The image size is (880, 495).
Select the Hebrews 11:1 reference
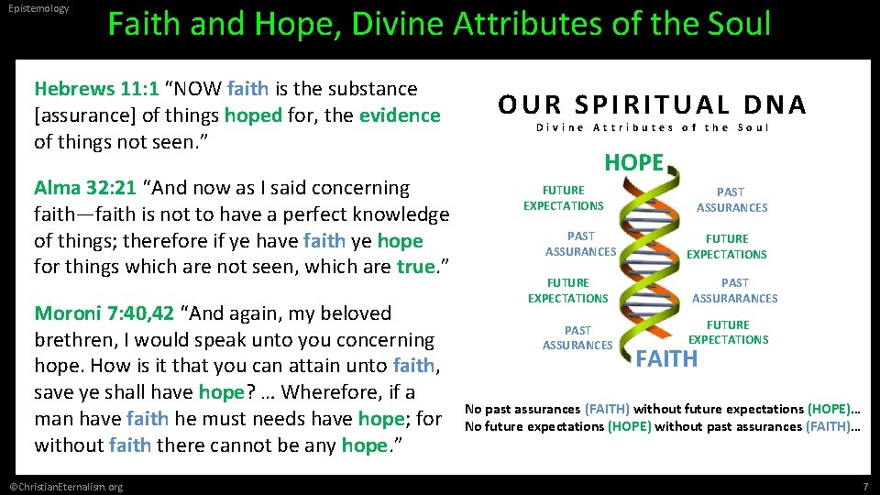pos(97,89)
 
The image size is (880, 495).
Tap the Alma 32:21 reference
pos(85,188)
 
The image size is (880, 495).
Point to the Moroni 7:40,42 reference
pos(104,313)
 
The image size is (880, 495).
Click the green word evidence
pos(400,115)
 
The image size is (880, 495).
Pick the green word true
pos(414,268)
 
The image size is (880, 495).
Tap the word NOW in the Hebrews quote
pos(197,89)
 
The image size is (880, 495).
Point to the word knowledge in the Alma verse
pos(403,214)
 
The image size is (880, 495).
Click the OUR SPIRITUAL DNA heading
pos(652,105)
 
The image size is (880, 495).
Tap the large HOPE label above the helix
pos(633,163)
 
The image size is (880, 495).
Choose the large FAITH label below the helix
pos(666,359)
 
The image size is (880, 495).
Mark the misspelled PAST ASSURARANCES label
pos(734,291)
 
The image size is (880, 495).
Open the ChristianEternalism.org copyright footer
pos(64,486)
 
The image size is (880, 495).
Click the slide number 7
pos(864,486)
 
